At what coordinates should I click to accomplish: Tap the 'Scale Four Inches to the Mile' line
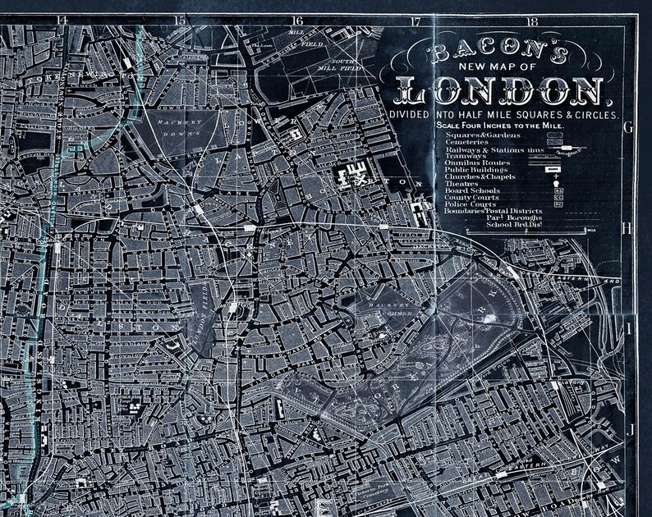[x=501, y=124]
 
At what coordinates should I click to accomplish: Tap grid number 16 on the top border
[x=297, y=21]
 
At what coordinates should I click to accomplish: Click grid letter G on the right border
[x=627, y=128]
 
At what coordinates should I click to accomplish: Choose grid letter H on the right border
[x=628, y=227]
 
